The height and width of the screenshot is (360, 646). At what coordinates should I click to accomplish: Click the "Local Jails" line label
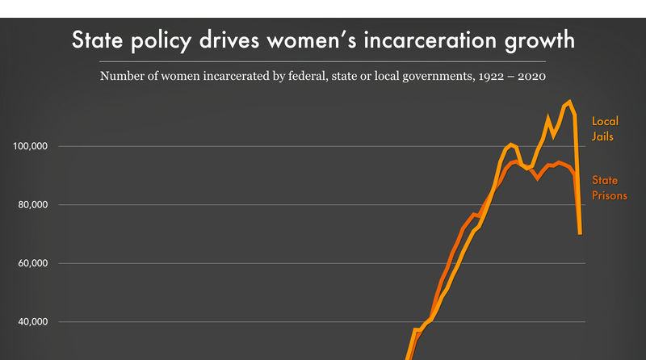(605, 129)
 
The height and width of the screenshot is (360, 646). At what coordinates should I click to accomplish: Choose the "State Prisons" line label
(610, 187)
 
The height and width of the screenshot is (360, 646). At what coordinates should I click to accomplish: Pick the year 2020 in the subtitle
(528, 77)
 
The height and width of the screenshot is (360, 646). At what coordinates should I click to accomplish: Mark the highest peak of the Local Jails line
(569, 102)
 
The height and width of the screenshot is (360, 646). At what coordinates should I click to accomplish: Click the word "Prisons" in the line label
(610, 195)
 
